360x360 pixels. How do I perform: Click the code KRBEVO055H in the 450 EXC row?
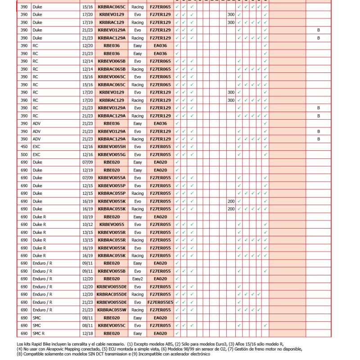click(112, 147)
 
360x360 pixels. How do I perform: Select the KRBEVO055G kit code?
click(112, 154)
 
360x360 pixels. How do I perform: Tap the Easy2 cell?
click(137, 279)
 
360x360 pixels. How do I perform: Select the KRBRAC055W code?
click(112, 310)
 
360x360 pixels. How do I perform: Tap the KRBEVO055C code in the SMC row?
click(112, 325)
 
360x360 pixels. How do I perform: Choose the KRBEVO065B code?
click(112, 61)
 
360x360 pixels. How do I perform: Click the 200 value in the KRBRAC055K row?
click(231, 209)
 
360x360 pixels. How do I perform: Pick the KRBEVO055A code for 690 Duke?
click(112, 178)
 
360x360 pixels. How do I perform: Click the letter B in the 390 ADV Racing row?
click(318, 139)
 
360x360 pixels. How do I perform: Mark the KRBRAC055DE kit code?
click(112, 294)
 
